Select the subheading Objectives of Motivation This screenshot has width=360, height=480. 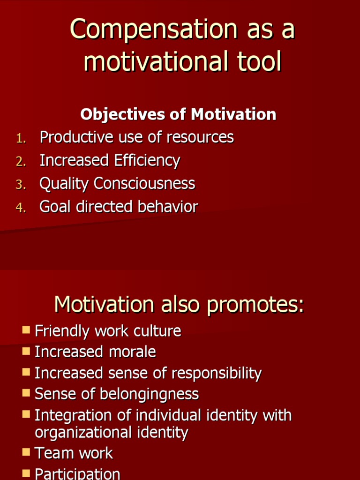point(178,114)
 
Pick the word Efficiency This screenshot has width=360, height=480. point(147,160)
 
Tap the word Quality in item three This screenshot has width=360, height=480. point(65,184)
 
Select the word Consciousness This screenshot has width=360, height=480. point(144,183)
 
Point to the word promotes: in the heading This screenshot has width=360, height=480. point(255,305)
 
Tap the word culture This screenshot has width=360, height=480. point(157,331)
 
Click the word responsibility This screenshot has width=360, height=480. point(216,374)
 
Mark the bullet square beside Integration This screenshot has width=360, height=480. point(26,414)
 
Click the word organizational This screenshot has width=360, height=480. point(84,432)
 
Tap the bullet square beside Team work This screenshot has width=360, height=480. point(26,452)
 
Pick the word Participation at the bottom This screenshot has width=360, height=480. point(77,473)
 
